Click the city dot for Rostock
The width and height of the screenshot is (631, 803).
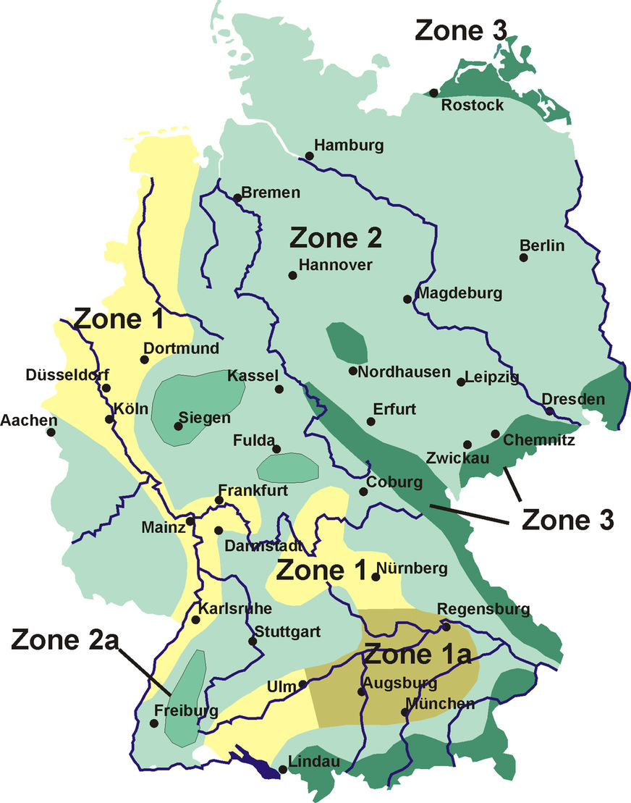pos(433,93)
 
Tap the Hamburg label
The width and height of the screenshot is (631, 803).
pos(349,146)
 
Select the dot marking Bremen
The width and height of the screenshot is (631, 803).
pos(237,197)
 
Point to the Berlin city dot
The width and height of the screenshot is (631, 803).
pos(523,258)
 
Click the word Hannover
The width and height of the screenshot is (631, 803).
pos(335,265)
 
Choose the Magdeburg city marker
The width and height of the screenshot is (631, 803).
pos(407,298)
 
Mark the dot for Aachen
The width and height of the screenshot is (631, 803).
pos(51,432)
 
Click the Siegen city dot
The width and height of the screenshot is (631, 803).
pos(178,426)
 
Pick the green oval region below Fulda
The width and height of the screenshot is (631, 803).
pos(288,468)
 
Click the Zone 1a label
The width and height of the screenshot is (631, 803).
pos(418,655)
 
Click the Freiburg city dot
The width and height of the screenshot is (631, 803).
pos(153,723)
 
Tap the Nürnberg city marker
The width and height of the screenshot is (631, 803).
pos(376,577)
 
